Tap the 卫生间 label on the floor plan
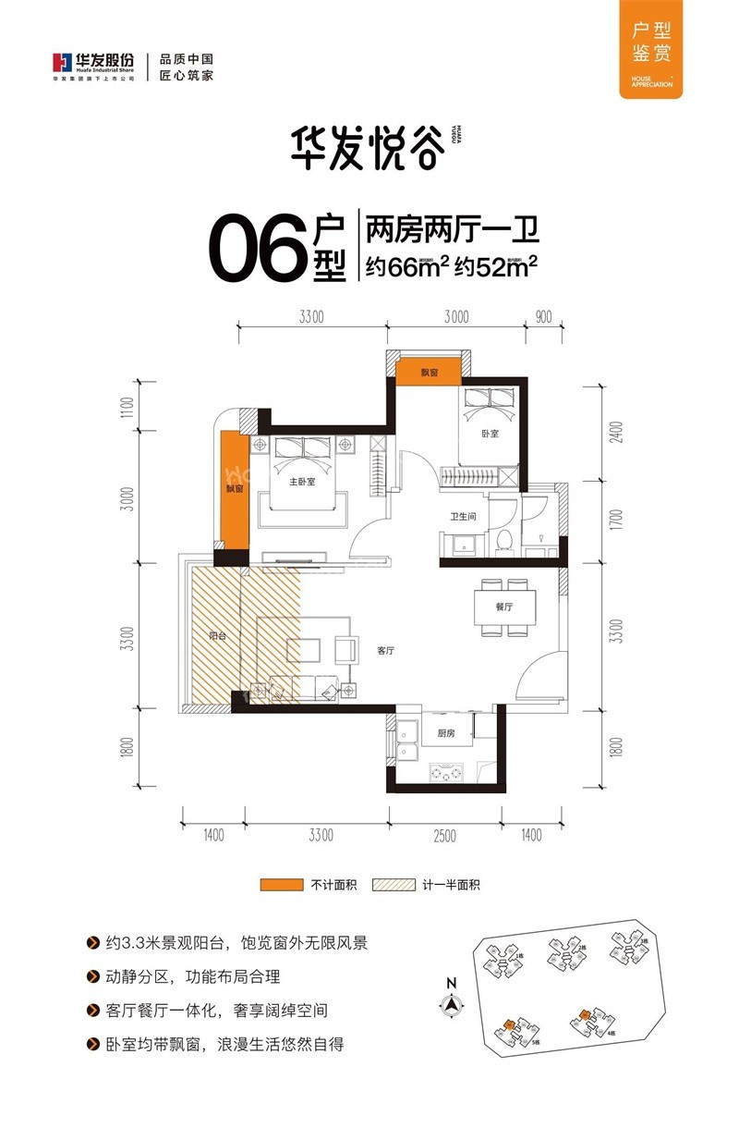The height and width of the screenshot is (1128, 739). pyautogui.click(x=463, y=518)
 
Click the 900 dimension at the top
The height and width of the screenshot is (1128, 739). pyautogui.click(x=543, y=317)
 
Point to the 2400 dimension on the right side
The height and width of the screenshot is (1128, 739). pyautogui.click(x=617, y=433)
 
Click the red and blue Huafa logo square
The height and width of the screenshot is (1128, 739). pyautogui.click(x=62, y=64)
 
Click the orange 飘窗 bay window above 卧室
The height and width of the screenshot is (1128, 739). pyautogui.click(x=428, y=371)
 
